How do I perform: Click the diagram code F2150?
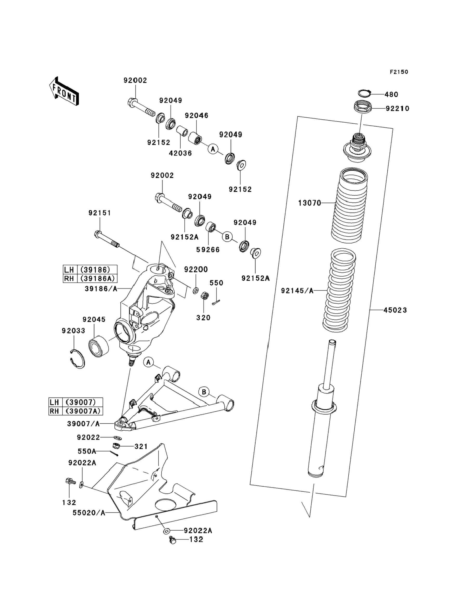point(399,72)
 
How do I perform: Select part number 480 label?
point(391,95)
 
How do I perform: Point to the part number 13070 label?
point(310,203)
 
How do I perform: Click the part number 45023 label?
point(395,310)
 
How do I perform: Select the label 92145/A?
point(297,291)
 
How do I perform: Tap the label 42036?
point(180,153)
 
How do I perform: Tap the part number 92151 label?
point(100,213)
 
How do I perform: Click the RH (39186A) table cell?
point(90,278)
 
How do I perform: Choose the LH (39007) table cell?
point(76,402)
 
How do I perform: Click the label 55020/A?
point(89,513)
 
